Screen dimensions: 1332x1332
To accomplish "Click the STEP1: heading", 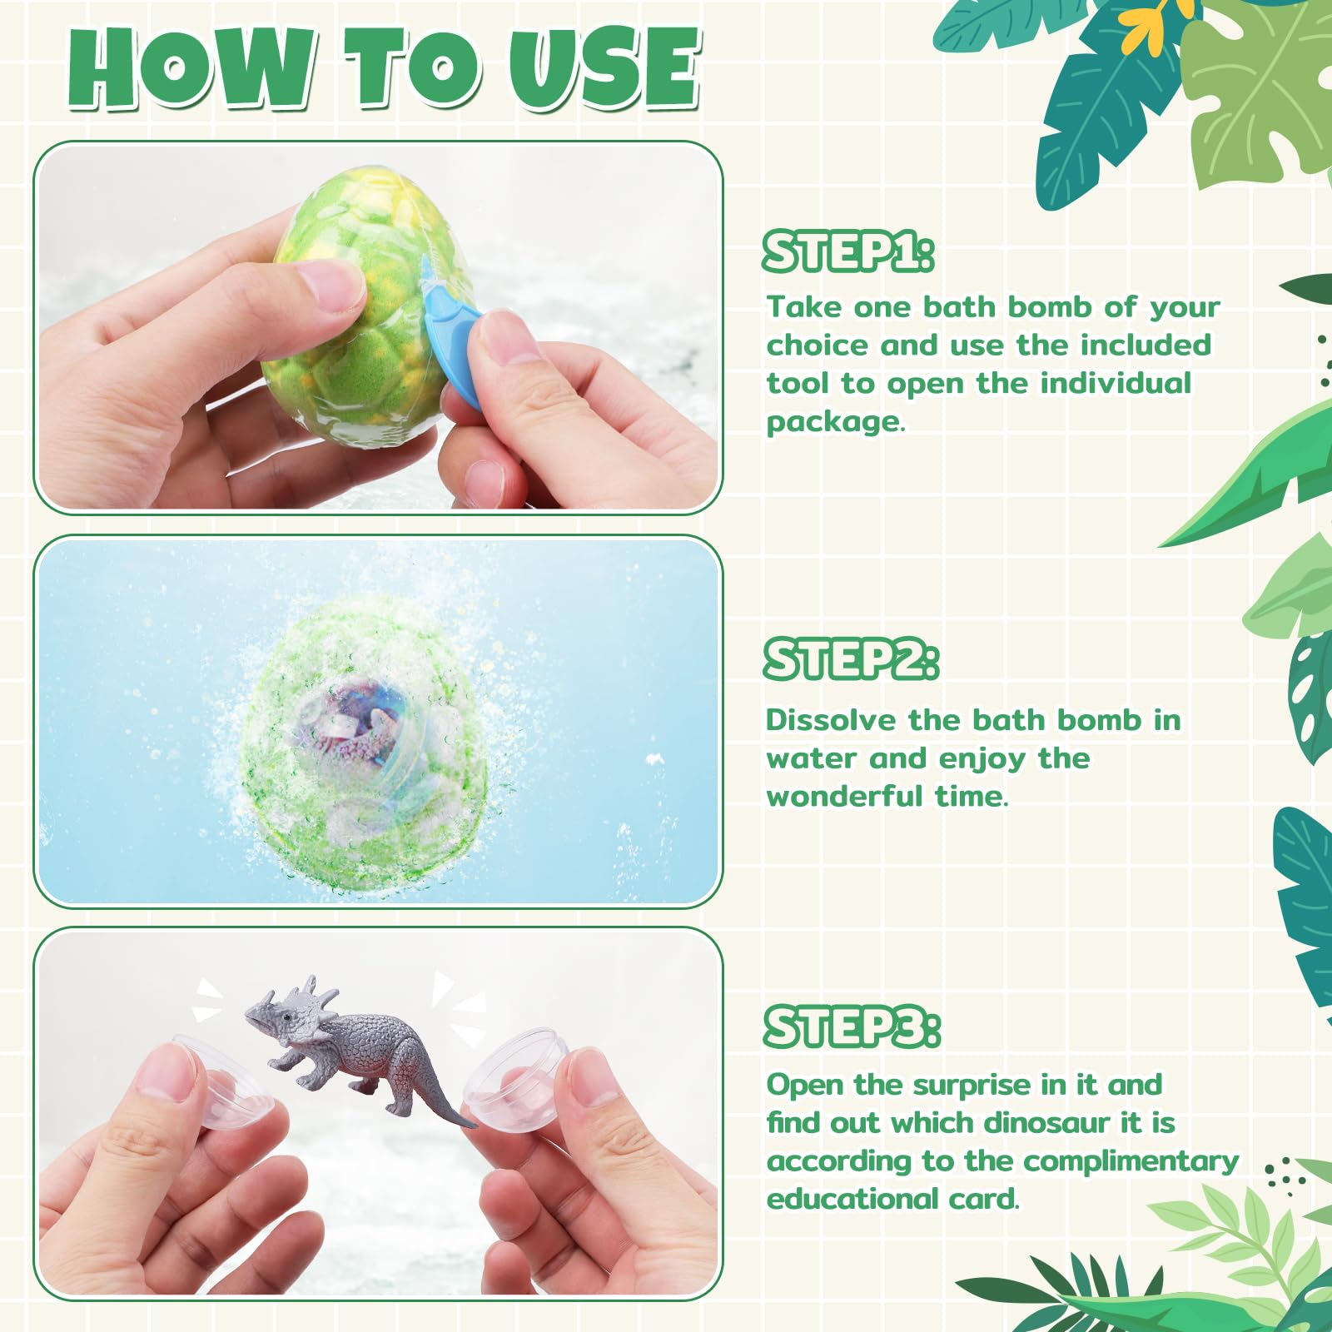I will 848,251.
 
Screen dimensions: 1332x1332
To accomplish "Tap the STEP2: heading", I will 852,659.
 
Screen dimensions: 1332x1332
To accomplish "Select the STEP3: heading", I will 852,1026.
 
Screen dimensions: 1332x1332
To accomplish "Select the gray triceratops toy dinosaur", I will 358,1049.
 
